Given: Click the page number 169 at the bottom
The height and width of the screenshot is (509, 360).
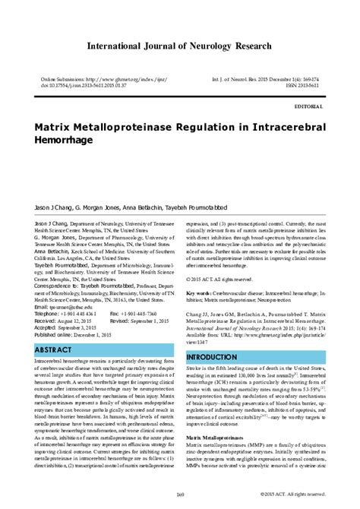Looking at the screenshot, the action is [180, 496].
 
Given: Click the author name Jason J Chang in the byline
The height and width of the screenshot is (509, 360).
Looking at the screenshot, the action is [52, 185].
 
